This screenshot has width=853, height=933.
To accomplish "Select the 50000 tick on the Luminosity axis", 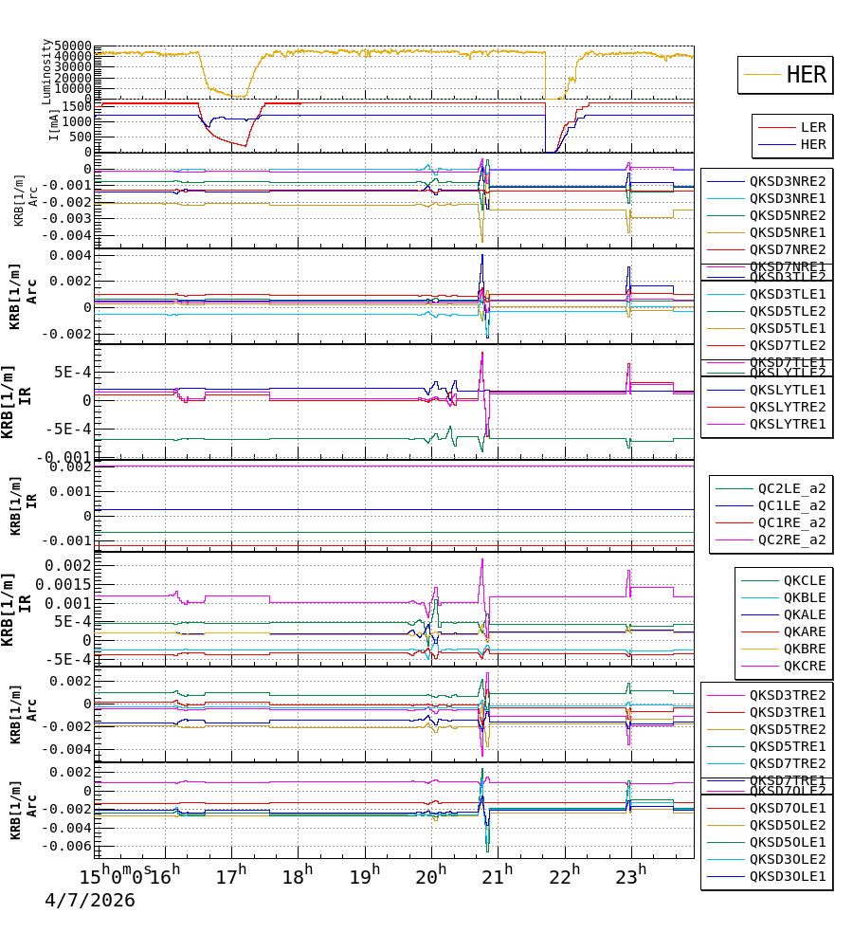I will [72, 46].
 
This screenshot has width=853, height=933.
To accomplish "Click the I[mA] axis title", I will [54, 123].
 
